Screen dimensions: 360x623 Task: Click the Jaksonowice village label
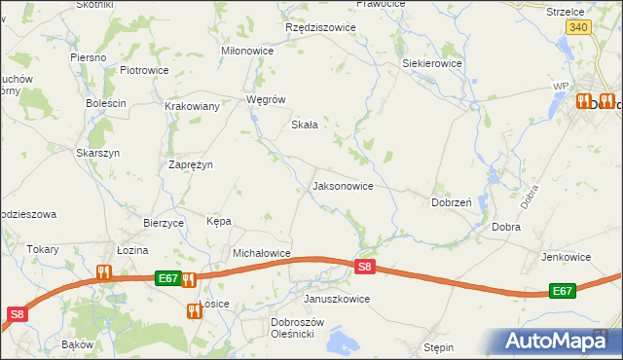[x=342, y=185]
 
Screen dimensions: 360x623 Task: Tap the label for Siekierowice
[x=432, y=63]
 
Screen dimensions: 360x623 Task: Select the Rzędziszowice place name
[x=320, y=27]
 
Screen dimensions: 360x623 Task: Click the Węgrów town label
[x=266, y=99]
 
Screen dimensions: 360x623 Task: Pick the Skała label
[x=307, y=125]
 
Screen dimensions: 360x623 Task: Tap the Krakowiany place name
[x=192, y=107]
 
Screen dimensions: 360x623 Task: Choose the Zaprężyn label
[x=191, y=164]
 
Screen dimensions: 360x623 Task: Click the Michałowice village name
[x=262, y=253]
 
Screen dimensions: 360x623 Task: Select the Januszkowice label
[x=337, y=299]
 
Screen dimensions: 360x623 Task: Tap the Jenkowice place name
[x=568, y=257]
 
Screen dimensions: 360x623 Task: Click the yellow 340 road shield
[x=578, y=28]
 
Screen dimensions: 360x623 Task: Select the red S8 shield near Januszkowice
[x=364, y=266]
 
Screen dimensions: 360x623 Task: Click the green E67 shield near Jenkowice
[x=562, y=291]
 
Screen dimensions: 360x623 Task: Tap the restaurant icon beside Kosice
[x=193, y=310]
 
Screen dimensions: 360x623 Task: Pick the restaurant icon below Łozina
[x=104, y=273]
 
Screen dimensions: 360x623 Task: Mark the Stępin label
[x=440, y=346]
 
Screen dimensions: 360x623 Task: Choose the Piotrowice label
[x=144, y=70]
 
